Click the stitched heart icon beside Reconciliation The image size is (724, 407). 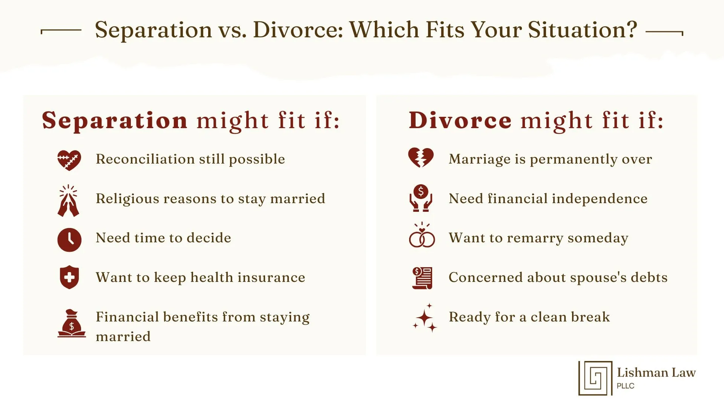tap(69, 160)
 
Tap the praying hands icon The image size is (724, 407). tap(68, 201)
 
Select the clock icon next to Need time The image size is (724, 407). tap(69, 240)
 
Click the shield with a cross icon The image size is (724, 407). tap(69, 278)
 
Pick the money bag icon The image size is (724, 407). tap(72, 324)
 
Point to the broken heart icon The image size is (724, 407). tap(421, 158)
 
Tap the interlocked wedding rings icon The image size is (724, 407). tap(422, 236)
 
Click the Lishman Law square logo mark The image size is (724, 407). tap(595, 378)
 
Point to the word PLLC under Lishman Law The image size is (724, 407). tap(626, 386)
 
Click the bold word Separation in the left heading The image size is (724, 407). tap(115, 121)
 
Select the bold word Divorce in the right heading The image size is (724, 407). tap(460, 121)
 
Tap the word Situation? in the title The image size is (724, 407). tap(582, 30)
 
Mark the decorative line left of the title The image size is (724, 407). tap(61, 30)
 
